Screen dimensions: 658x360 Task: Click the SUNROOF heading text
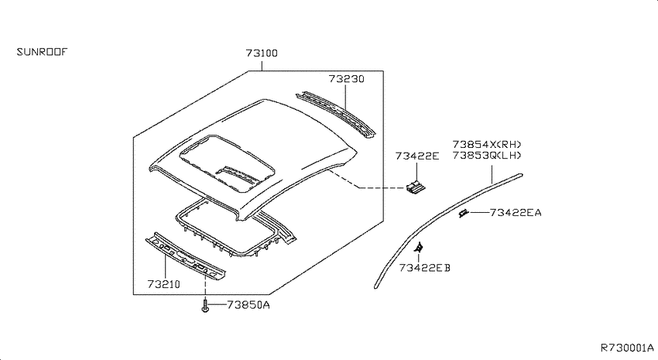tap(42, 52)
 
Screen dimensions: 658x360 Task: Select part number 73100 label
tap(262, 53)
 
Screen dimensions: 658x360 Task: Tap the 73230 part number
tap(346, 79)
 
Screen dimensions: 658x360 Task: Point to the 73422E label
tap(416, 156)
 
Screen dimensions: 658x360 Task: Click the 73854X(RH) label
tap(487, 144)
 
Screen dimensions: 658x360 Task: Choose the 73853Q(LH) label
tap(487, 156)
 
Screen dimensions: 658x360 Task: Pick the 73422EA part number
tap(516, 213)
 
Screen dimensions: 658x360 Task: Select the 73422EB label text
tap(425, 268)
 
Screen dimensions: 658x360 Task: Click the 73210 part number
tap(163, 284)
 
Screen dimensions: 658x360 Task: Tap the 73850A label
tap(248, 305)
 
